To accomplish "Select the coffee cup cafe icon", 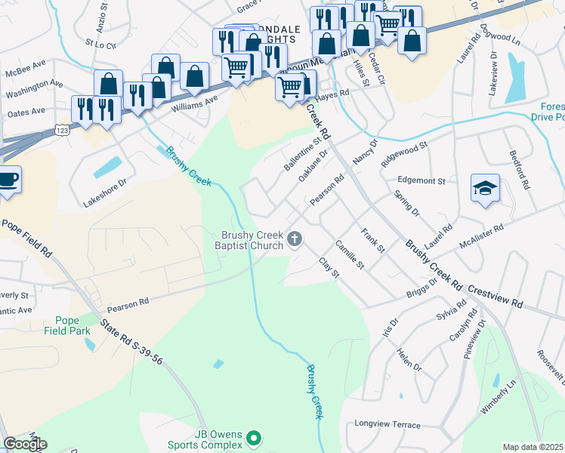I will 8,180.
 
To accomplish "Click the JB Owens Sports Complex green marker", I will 255,438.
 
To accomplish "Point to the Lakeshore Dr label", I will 115,193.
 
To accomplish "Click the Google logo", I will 24,445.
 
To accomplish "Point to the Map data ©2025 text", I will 532,447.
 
